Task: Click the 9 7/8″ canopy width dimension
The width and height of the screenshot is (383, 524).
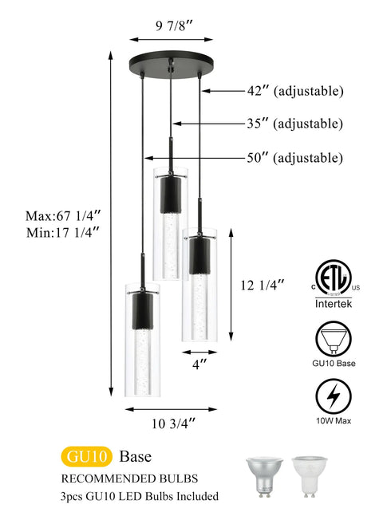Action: click(175, 26)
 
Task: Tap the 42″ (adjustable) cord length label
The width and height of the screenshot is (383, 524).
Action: click(295, 91)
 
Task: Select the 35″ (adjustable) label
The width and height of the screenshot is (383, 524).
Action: click(295, 124)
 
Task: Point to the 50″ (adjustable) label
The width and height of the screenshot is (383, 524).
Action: click(295, 158)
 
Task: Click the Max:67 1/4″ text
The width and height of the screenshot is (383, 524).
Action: click(63, 216)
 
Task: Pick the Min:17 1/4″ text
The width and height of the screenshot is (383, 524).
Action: click(63, 232)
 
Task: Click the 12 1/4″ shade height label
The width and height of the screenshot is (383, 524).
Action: click(263, 285)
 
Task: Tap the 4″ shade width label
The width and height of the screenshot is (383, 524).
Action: click(199, 364)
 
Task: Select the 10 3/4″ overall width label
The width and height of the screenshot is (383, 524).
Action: click(173, 424)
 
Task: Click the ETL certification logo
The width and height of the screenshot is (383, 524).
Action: click(334, 278)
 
